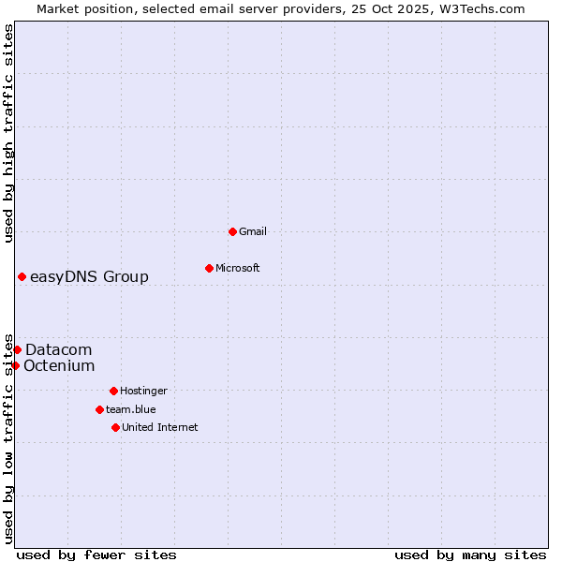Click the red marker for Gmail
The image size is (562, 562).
[x=232, y=231]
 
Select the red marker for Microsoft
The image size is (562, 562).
[x=209, y=268]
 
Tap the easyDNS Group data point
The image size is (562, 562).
[x=22, y=276]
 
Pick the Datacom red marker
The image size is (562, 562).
[x=17, y=349]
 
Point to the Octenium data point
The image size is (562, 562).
[x=15, y=365]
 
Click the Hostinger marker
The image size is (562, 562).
[x=113, y=391]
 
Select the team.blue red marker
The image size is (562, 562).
[x=99, y=409]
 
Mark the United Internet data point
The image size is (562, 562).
[x=115, y=427]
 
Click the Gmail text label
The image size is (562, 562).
[x=253, y=231]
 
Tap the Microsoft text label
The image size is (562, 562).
[x=237, y=268]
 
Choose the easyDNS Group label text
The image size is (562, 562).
[x=89, y=276]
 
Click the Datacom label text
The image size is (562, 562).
[x=58, y=349]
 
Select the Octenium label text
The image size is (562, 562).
[x=59, y=365]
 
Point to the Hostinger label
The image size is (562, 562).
[x=143, y=391]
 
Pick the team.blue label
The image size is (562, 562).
[x=130, y=409]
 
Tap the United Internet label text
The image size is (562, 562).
[x=159, y=427]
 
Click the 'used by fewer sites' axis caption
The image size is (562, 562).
[x=96, y=555]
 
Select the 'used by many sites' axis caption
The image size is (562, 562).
[x=470, y=555]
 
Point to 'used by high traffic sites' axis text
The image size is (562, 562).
[x=8, y=133]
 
